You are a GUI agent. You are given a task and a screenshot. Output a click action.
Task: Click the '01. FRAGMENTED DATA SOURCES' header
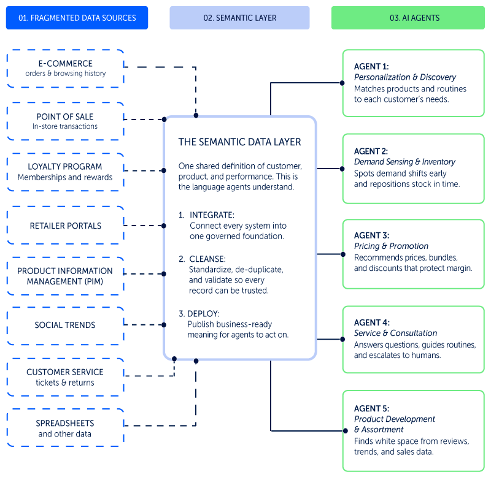click(77, 18)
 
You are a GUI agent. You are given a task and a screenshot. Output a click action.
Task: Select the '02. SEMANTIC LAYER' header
click(239, 18)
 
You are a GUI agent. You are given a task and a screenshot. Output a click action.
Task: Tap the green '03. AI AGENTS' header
click(408, 18)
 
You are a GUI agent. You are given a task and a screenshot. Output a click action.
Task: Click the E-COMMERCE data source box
click(66, 69)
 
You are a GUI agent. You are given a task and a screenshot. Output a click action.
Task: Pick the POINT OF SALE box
click(66, 121)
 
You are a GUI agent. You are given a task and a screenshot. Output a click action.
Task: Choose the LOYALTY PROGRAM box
click(66, 172)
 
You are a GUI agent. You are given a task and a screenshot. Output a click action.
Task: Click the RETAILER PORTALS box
click(66, 226)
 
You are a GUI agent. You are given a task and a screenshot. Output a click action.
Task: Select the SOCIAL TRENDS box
click(66, 326)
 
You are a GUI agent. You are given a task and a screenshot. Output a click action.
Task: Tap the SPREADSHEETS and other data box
click(66, 428)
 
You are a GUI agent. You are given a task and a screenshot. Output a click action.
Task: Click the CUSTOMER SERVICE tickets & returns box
click(66, 377)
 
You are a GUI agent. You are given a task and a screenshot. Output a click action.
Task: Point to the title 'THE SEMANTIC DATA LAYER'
click(239, 142)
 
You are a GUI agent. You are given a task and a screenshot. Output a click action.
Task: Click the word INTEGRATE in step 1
click(212, 215)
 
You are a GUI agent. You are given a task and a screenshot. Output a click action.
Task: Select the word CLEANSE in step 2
click(207, 259)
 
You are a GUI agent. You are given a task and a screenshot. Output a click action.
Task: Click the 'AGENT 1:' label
click(371, 67)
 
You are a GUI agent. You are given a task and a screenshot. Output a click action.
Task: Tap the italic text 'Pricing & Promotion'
click(391, 246)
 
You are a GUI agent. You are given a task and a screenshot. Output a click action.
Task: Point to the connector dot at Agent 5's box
click(346, 431)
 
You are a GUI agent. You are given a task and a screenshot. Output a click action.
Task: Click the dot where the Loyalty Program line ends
click(163, 170)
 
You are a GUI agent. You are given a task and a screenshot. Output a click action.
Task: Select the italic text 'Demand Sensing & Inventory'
click(404, 162)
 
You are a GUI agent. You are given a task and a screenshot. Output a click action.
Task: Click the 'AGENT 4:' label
click(372, 322)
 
